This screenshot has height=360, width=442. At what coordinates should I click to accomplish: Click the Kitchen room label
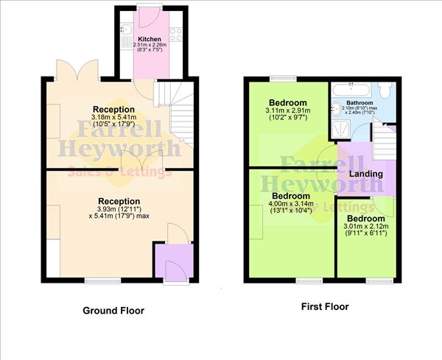click(x=150, y=38)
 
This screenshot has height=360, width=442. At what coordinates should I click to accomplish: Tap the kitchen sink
click(x=127, y=30)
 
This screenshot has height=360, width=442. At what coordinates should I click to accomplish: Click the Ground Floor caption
click(x=113, y=311)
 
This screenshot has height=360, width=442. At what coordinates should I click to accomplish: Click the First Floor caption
click(x=325, y=306)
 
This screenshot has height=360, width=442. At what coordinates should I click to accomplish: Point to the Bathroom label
click(x=360, y=102)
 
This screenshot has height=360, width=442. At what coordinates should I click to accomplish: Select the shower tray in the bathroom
click(x=341, y=129)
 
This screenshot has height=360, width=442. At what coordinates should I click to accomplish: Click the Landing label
click(x=365, y=174)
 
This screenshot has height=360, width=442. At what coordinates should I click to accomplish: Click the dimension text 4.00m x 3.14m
click(x=289, y=205)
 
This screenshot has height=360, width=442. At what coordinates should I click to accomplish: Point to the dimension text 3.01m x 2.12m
click(x=365, y=227)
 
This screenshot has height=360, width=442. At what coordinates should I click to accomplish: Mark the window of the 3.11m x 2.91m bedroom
click(x=282, y=77)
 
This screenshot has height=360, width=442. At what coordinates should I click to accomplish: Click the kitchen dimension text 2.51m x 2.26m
click(x=150, y=45)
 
